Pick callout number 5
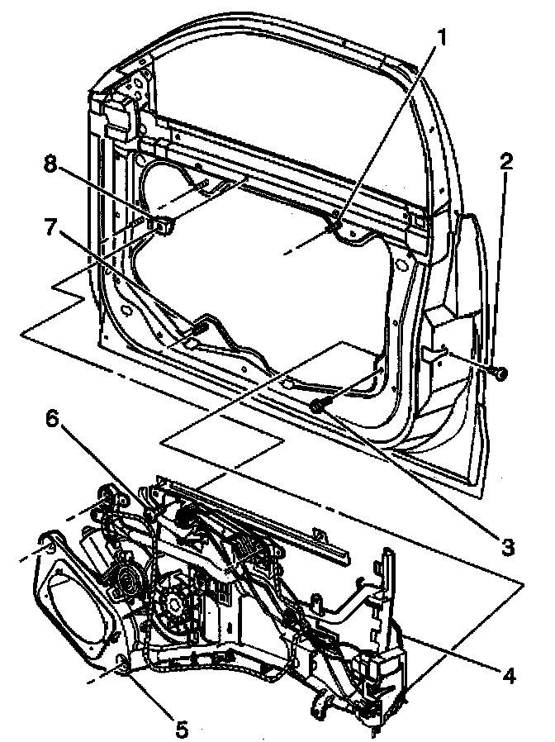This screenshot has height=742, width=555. (181, 729)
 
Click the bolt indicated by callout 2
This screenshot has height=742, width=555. (500, 375)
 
